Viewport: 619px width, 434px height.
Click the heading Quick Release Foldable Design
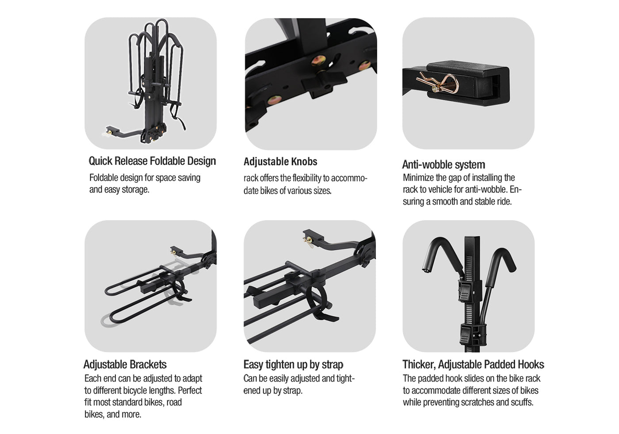click(x=152, y=161)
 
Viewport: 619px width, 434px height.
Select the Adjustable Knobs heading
click(x=280, y=162)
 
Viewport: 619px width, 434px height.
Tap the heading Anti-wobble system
click(x=443, y=165)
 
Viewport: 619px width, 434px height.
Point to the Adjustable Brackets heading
click(x=125, y=364)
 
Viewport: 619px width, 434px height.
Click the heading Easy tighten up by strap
click(x=293, y=365)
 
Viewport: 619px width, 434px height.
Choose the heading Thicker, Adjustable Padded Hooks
click(x=473, y=364)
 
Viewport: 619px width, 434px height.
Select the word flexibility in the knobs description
click(x=307, y=178)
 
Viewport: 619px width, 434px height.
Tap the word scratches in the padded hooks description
click(x=476, y=402)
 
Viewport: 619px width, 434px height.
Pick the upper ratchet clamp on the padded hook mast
click(x=470, y=291)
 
